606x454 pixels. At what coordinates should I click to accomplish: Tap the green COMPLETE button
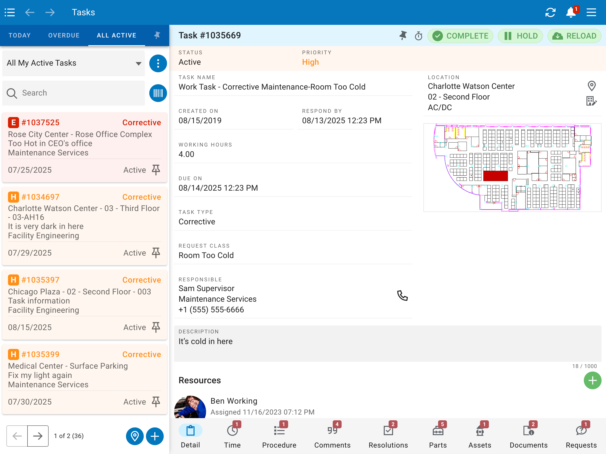pos(460,36)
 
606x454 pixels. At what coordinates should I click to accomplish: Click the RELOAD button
pos(574,36)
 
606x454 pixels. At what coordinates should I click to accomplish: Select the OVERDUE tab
pos(64,35)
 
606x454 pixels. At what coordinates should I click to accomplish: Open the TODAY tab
pos(20,35)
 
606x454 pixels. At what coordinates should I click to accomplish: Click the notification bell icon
pos(571,12)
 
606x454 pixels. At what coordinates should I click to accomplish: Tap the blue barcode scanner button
pos(158,93)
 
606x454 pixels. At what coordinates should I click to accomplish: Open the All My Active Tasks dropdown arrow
pos(139,64)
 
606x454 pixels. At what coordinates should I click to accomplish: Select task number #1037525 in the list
pos(41,122)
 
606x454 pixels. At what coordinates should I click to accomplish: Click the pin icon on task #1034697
pos(156,253)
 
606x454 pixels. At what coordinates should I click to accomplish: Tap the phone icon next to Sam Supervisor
pos(402,295)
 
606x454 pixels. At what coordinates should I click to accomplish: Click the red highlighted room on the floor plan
pos(495,176)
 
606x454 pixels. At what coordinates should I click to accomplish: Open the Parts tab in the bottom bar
pos(438,435)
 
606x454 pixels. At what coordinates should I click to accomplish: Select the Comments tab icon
pos(332,431)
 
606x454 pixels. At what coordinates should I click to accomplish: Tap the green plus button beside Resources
pos(592,380)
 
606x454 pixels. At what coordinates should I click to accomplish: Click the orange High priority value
pos(310,62)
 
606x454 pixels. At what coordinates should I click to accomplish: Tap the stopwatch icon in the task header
pos(419,36)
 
